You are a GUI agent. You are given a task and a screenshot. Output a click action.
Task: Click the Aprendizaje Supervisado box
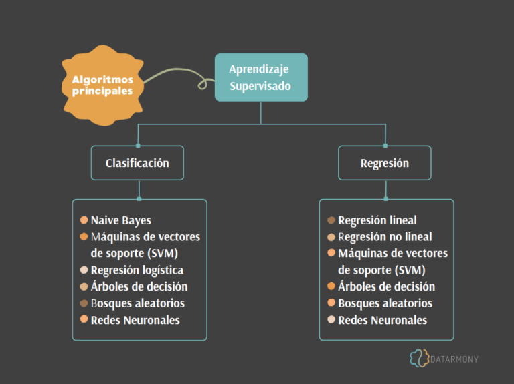[x=261, y=77]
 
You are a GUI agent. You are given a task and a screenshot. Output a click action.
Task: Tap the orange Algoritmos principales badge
[x=102, y=85]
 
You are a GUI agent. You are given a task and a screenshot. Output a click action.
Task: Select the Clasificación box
[x=137, y=163]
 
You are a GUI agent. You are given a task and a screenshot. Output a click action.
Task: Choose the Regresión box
[x=384, y=163]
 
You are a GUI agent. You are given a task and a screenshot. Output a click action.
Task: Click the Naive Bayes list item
[x=120, y=220]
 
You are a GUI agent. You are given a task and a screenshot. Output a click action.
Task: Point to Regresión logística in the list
[x=137, y=270]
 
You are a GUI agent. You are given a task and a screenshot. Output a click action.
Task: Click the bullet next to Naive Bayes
[x=84, y=220]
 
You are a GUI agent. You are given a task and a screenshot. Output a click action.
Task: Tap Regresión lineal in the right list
[x=377, y=220]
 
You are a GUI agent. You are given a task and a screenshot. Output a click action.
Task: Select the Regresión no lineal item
[x=385, y=236]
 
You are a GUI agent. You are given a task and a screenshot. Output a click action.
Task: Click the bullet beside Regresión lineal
[x=331, y=220]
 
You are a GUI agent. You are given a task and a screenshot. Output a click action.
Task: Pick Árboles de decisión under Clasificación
[x=139, y=286]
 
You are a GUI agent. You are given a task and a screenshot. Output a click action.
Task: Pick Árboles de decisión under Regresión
[x=386, y=286]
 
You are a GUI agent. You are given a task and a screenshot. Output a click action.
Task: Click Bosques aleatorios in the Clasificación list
[x=137, y=303]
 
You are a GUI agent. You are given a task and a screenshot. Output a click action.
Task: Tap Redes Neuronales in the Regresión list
[x=382, y=320]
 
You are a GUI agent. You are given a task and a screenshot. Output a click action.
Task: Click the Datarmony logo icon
[x=420, y=358]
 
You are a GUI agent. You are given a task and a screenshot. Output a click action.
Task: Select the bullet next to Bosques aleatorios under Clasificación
[x=84, y=303]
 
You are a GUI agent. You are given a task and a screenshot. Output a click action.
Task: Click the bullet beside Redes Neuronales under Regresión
[x=331, y=320]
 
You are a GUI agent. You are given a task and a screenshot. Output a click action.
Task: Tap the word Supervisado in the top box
[x=260, y=86]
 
